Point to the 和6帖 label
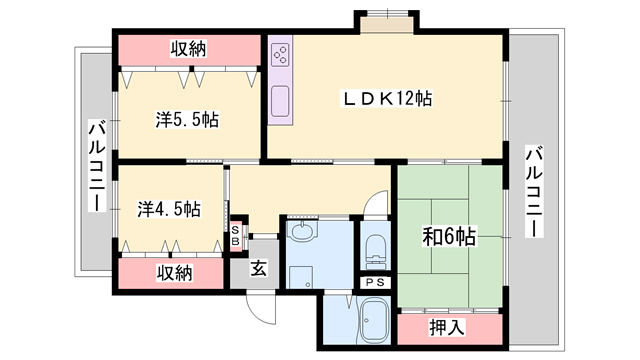[x=447, y=236]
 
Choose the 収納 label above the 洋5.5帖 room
[x=187, y=49]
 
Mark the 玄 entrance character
[x=258, y=268]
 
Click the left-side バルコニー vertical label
[x=96, y=165]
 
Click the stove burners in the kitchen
[x=281, y=55]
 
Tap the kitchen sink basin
[x=280, y=99]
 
